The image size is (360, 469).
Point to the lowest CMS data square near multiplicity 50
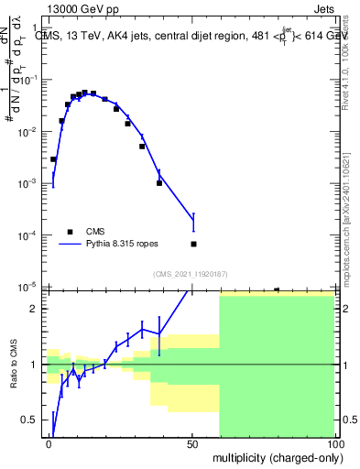pos(193,244)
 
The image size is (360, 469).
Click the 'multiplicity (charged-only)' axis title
pos(272,457)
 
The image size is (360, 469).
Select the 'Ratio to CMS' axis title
pos(12,365)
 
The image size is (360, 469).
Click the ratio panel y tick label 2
pos(33,308)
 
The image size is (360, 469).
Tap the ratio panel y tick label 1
pos(33,365)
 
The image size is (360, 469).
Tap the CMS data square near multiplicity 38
pos(159,182)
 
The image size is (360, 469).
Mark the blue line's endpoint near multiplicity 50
pos(193,215)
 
